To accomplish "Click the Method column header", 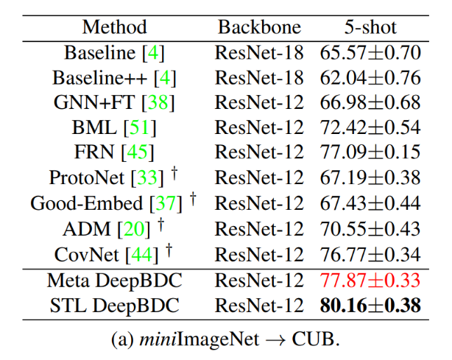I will click(x=114, y=28).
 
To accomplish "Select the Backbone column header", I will click(x=259, y=28).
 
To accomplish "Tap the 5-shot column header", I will click(x=370, y=28).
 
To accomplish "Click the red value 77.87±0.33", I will click(x=370, y=280).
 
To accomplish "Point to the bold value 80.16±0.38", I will click(x=370, y=306).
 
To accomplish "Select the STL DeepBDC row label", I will click(x=114, y=306).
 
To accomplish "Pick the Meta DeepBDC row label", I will click(x=114, y=280).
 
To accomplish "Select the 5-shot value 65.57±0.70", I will click(x=370, y=53).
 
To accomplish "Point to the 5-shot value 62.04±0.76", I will click(x=370, y=78).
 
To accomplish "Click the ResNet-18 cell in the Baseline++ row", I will click(x=259, y=78).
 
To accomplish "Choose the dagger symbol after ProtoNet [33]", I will click(x=174, y=174).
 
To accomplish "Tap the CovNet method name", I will click(x=86, y=255).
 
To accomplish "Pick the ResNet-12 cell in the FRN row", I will click(x=259, y=153).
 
